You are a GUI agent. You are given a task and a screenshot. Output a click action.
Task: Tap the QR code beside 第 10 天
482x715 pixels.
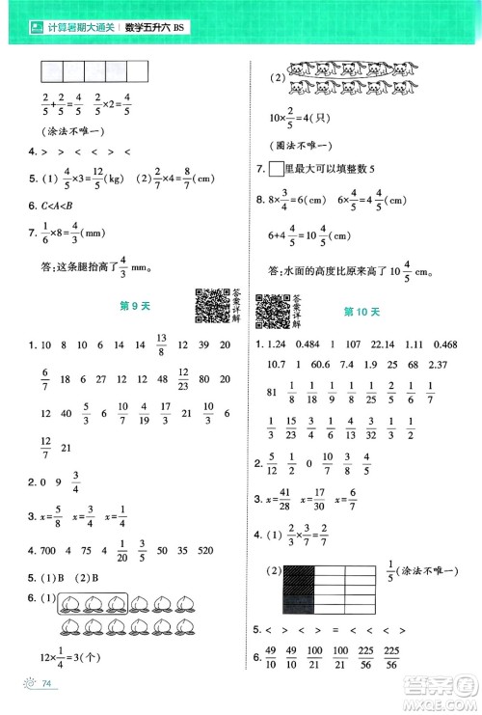[x=274, y=312]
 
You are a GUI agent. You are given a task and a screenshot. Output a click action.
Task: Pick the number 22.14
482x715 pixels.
[x=395, y=344]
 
